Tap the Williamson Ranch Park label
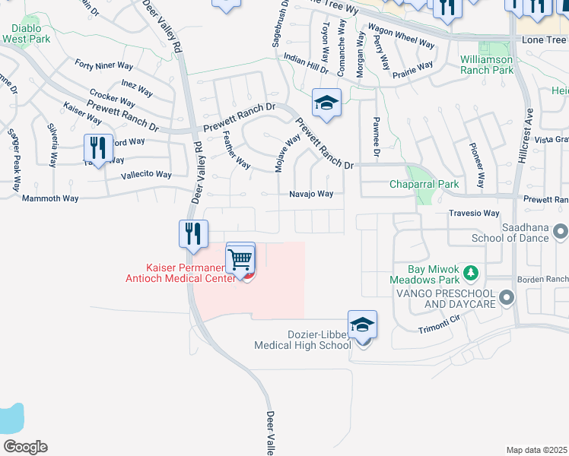(487, 65)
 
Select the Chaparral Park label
(424, 184)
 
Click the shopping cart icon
(240, 261)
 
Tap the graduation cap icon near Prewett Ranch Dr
(326, 104)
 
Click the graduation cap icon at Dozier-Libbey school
(363, 325)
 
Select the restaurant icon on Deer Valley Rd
(193, 234)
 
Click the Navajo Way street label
(310, 194)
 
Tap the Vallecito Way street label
(146, 174)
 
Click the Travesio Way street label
(473, 214)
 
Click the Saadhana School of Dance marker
(561, 231)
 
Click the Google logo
(25, 446)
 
